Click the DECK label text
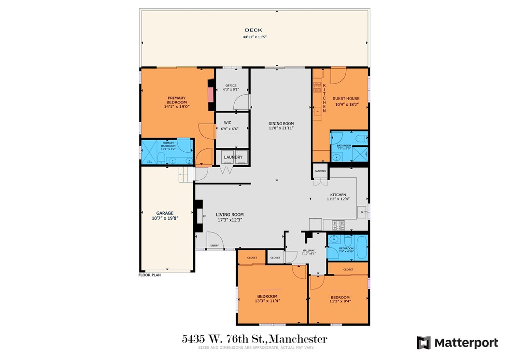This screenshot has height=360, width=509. click(x=253, y=30)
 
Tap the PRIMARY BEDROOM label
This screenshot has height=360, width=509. click(x=176, y=101)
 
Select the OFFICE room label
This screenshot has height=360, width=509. click(x=231, y=86)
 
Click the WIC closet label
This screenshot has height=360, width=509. click(x=227, y=123)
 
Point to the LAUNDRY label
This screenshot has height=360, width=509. click(x=233, y=157)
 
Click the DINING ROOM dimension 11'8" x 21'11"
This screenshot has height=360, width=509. click(x=281, y=129)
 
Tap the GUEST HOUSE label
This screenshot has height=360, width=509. click(x=346, y=98)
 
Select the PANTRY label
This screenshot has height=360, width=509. click(x=320, y=171)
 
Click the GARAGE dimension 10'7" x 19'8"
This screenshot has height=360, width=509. click(x=165, y=218)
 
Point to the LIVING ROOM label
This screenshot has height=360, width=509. click(x=229, y=215)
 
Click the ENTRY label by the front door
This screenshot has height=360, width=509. click(x=214, y=245)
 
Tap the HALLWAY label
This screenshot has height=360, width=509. click(x=308, y=250)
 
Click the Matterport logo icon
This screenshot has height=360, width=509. click(x=424, y=343)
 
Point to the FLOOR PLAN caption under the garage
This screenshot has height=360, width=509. click(x=150, y=275)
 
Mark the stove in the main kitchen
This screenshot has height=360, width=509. click(x=338, y=225)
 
